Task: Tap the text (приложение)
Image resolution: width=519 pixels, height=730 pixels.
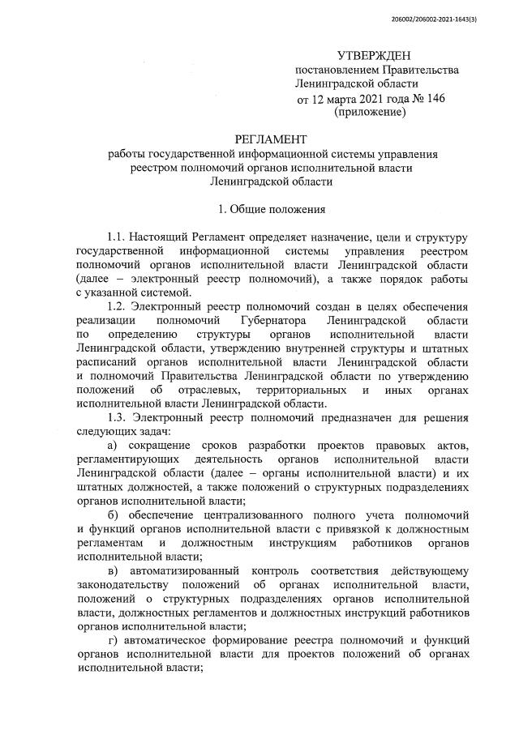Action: click(x=370, y=113)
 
